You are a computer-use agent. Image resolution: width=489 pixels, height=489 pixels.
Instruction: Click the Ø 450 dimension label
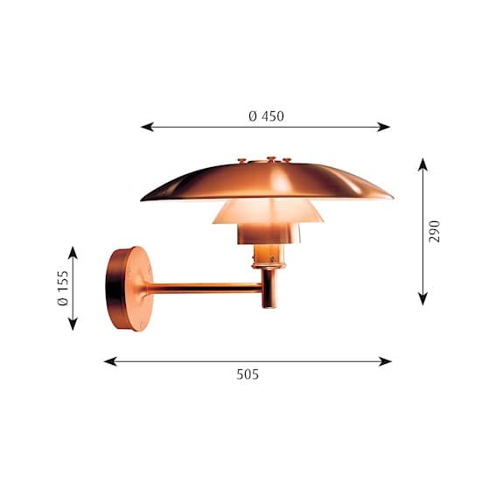point(266,116)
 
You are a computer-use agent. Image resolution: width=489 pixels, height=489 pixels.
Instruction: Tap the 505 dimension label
point(248,374)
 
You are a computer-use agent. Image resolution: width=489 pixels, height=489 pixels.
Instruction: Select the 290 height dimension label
point(434,231)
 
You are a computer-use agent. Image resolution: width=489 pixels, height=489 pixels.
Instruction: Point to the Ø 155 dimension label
point(63,288)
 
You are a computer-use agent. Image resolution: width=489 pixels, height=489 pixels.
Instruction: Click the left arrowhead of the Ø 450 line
point(147,127)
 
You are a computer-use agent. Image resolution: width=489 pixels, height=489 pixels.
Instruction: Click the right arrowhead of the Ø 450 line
point(384,127)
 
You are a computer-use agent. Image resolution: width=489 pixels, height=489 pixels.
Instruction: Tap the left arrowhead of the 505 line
point(110,361)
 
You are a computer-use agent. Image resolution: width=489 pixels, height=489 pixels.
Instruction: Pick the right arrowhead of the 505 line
point(385,361)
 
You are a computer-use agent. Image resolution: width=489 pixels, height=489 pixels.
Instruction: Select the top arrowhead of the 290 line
point(423,164)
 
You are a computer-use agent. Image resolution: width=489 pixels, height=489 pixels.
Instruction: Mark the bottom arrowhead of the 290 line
point(423,299)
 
